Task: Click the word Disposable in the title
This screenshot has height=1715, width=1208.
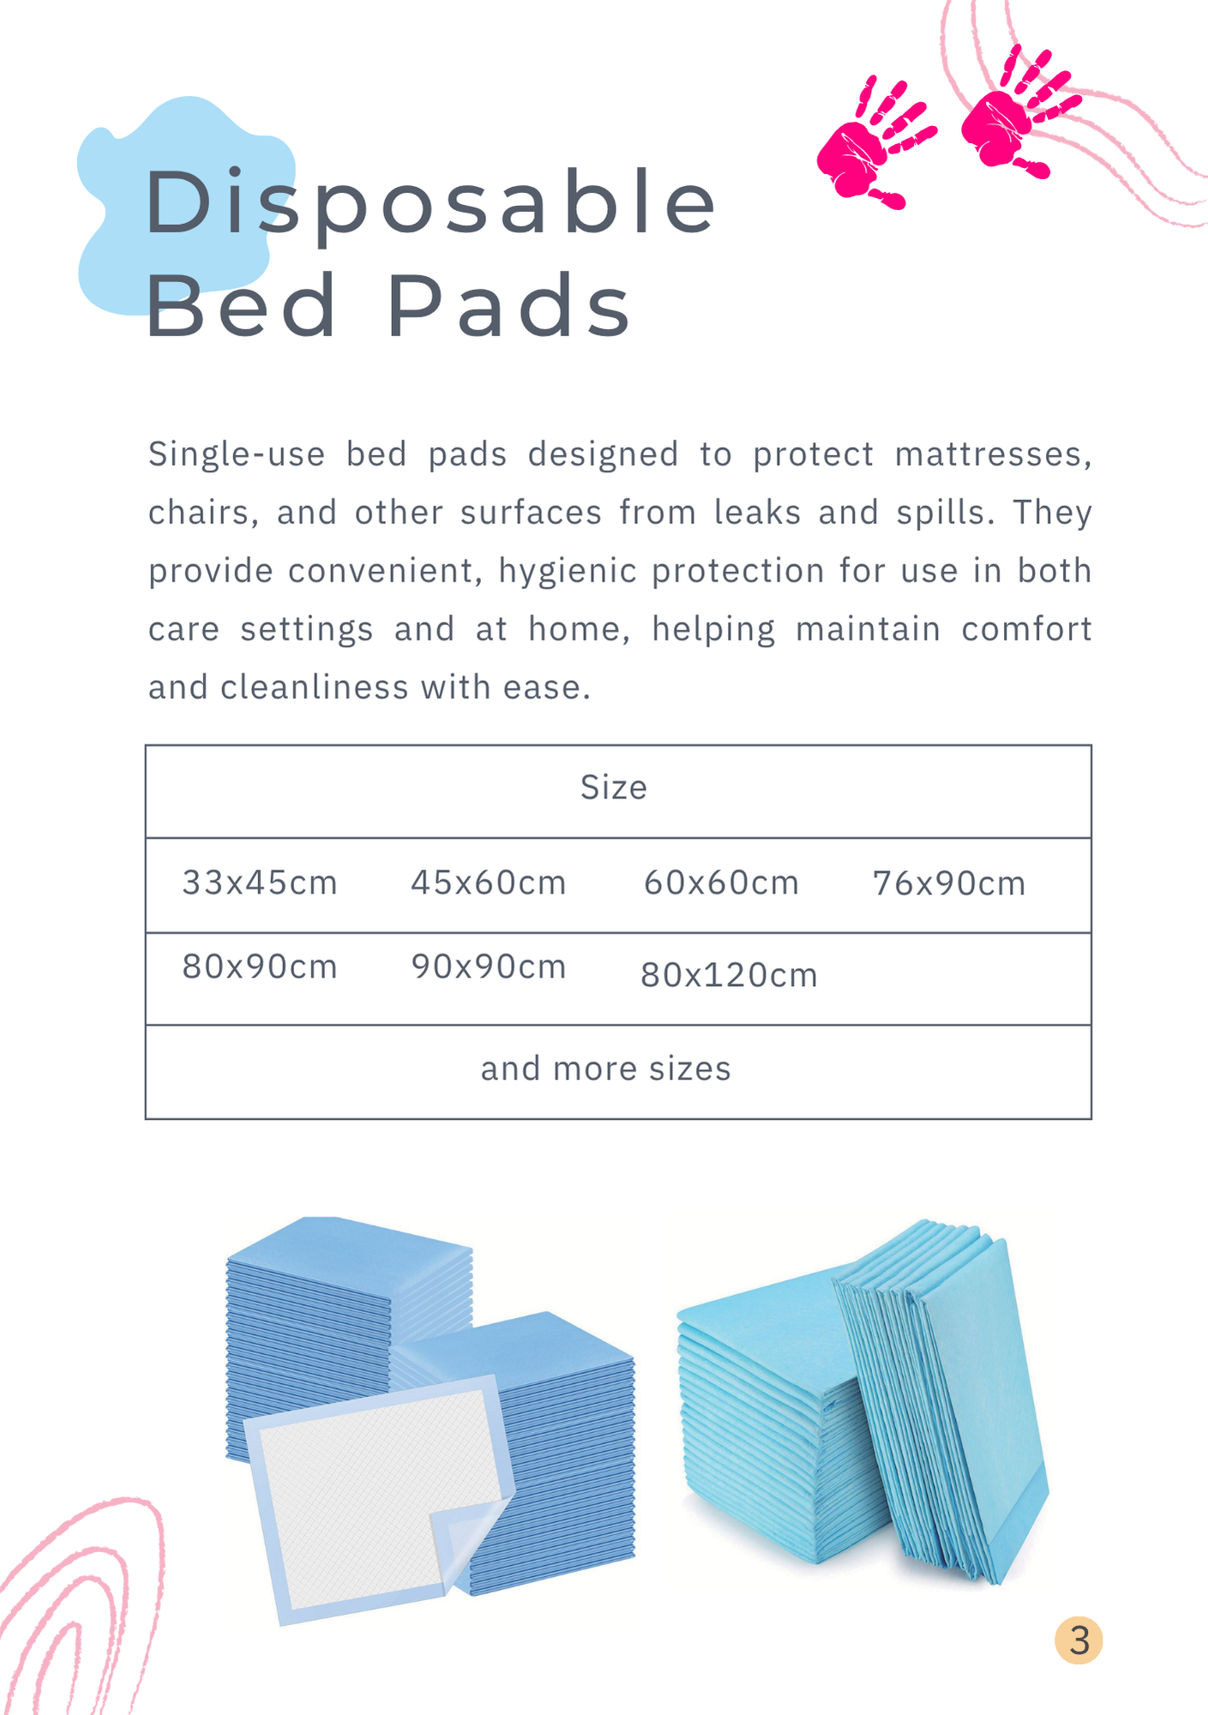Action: tap(430, 204)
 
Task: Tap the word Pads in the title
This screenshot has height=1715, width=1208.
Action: tap(509, 305)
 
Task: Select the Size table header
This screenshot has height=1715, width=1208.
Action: tap(614, 787)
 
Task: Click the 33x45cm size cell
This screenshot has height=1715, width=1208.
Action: tap(260, 882)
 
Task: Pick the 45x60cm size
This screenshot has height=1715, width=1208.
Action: tap(489, 882)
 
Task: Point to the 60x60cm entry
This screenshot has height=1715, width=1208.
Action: tap(722, 882)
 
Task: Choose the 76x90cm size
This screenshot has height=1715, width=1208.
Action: tap(949, 883)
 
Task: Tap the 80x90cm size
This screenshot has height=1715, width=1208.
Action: tap(260, 966)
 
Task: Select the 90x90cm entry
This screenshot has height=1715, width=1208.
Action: tap(489, 966)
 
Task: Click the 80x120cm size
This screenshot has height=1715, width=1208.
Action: tap(730, 975)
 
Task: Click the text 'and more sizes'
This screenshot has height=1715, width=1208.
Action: tap(606, 1068)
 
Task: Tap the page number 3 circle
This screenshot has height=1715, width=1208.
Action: tap(1079, 1640)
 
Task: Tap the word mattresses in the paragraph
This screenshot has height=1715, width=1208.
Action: tap(993, 454)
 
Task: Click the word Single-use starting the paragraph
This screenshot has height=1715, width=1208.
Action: tap(237, 455)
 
